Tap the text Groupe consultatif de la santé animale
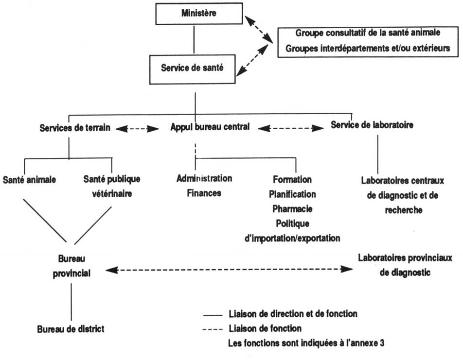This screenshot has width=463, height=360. point(368,34)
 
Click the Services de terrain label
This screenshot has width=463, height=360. point(75,128)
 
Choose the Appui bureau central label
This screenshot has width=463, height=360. point(210,128)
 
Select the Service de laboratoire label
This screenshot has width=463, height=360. point(372,125)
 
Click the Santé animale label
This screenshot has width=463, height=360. point(30,180)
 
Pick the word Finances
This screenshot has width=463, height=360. point(204,193)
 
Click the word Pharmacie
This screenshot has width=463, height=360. point(292,209)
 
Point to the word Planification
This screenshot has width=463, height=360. point(292,194)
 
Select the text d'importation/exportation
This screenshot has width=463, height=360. point(292,238)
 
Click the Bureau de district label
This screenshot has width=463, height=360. point(71,329)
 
